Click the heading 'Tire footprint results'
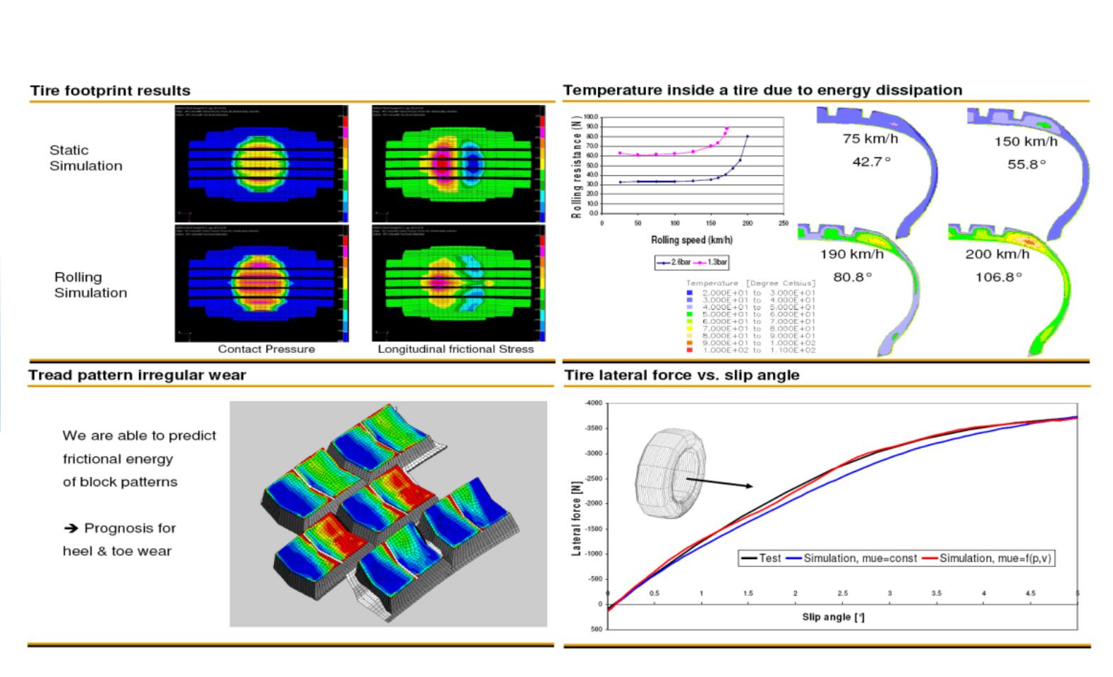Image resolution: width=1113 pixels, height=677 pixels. pos(110,91)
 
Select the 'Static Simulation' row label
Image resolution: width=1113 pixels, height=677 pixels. pos(86,158)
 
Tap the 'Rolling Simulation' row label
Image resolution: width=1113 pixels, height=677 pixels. pos(91,285)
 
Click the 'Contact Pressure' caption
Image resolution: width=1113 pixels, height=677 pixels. pos(266,349)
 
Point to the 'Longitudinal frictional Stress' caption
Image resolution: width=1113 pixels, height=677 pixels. pos(456,349)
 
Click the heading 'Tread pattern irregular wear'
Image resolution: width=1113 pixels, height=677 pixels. pos(137,375)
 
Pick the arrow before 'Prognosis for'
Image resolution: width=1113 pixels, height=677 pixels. pos(70,528)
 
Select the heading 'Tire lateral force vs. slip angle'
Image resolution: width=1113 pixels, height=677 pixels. pos(682,375)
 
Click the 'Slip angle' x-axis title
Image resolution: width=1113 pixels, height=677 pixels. pos(833,617)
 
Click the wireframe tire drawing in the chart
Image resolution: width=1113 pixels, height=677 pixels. pos(670,476)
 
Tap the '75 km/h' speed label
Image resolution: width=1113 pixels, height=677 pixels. pos(870,139)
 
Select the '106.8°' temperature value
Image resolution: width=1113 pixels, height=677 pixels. pos(998,277)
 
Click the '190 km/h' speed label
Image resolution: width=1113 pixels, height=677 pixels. pos(852,254)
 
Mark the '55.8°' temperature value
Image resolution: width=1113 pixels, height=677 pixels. pos(1027,164)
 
